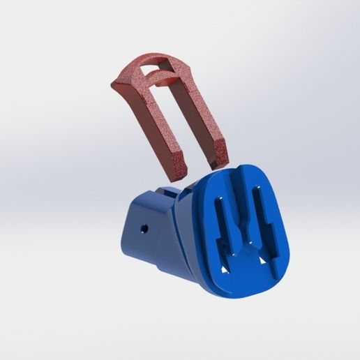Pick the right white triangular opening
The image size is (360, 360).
point(262,260)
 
